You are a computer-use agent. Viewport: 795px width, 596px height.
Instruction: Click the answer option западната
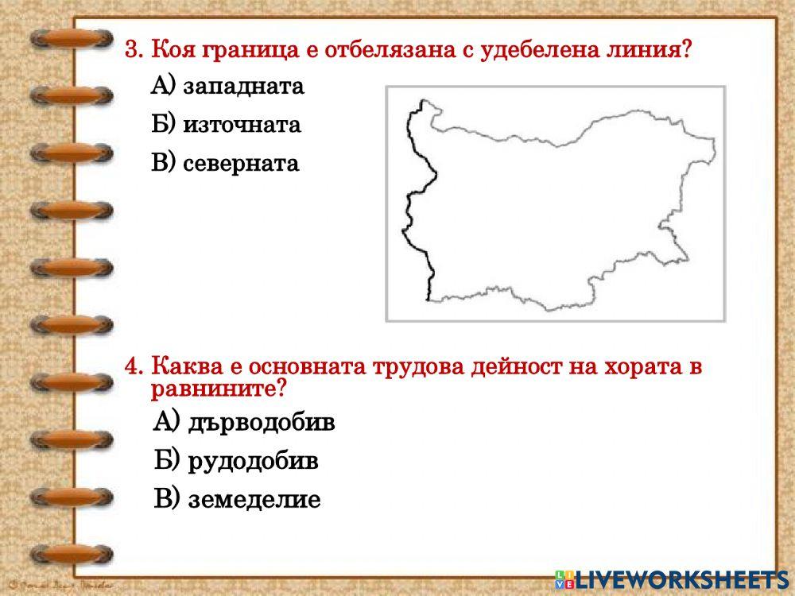[x=243, y=86]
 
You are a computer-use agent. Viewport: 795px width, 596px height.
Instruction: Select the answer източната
[x=242, y=125]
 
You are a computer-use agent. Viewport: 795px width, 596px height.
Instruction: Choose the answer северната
[x=240, y=164]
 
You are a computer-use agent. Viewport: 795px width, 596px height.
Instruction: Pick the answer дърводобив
[x=262, y=422]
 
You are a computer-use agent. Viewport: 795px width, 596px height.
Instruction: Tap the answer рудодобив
[x=253, y=461]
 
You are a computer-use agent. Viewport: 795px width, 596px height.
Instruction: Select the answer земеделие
[x=254, y=500]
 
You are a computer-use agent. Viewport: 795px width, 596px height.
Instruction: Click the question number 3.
[x=134, y=50]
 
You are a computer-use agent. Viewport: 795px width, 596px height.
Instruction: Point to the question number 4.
[x=134, y=368]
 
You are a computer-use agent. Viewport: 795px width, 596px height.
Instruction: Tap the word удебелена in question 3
[x=542, y=50]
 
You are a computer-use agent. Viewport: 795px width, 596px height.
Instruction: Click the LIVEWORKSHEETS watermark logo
[x=676, y=579]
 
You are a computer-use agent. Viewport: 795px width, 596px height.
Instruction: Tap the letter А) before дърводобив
[x=168, y=422]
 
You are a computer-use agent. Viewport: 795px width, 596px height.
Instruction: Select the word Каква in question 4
[x=182, y=368]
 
